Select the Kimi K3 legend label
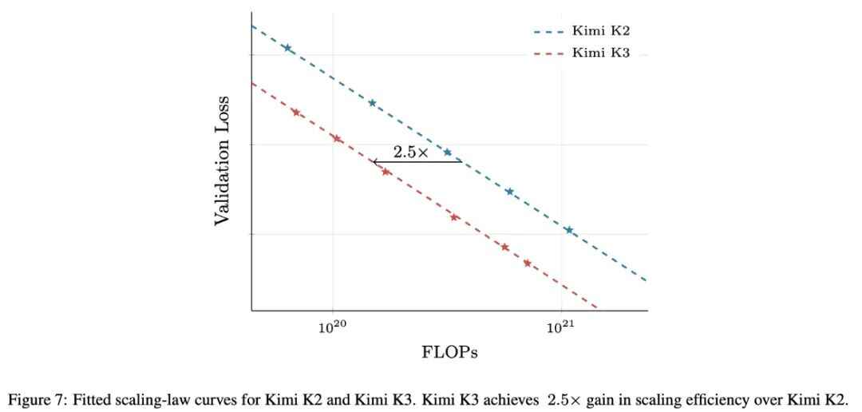(601, 53)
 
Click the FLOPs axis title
(449, 352)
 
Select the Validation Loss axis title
(222, 160)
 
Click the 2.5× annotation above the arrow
(410, 153)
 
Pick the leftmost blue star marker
(287, 48)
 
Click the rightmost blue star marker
(569, 230)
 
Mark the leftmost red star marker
(296, 113)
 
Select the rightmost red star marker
(528, 263)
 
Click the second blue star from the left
(372, 103)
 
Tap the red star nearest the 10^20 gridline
(337, 139)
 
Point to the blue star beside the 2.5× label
(448, 153)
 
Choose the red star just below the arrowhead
(386, 172)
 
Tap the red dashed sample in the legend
(548, 54)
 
